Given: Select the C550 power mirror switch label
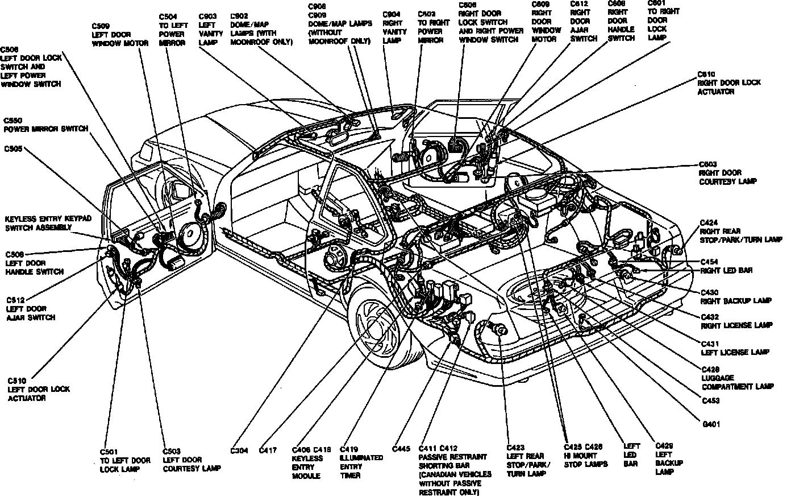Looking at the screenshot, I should pos(45,125).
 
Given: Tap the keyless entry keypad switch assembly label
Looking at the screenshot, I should pos(39,223).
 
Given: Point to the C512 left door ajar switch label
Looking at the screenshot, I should pos(31,308).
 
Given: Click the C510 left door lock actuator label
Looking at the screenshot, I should pos(38,389).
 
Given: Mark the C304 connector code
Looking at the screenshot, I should pos(239,450).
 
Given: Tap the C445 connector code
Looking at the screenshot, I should pos(401,449).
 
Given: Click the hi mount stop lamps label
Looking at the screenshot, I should pos(585,460).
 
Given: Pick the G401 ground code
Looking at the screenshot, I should pos(711,424).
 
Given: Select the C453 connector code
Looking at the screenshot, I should pos(710,400).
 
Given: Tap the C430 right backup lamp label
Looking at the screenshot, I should pos(735,296).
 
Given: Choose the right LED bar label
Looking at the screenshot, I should pos(726,271).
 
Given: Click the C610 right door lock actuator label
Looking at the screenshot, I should pos(729,83).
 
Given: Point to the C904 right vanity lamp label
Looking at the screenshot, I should pos(393,27).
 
